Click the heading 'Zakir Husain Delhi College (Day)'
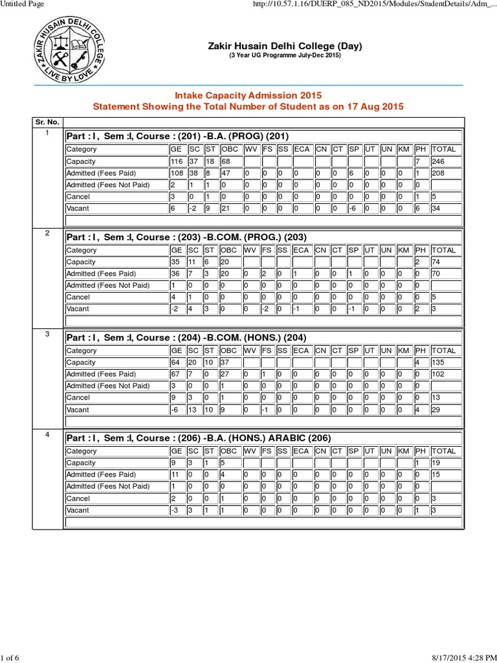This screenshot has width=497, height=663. pyautogui.click(x=285, y=46)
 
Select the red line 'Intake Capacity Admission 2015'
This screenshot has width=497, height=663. pyautogui.click(x=248, y=95)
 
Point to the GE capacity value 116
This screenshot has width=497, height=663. pyautogui.click(x=176, y=161)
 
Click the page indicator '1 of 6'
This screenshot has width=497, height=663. pyautogui.click(x=10, y=658)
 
